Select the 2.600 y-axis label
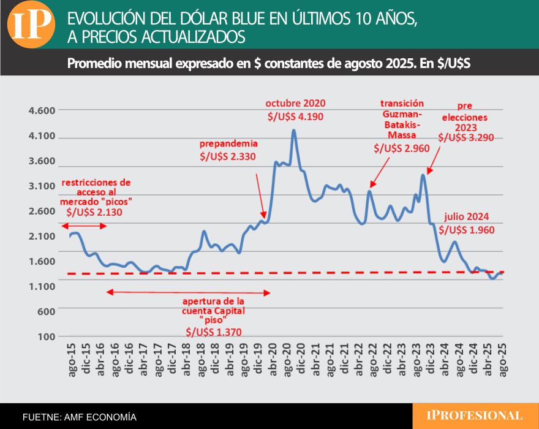pyautogui.click(x=42, y=211)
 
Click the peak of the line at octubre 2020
pyautogui.click(x=294, y=131)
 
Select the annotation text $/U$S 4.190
pyautogui.click(x=295, y=116)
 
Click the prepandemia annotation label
pyautogui.click(x=228, y=143)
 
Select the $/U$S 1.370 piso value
pyautogui.click(x=214, y=332)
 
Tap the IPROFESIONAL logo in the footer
pyautogui.click(x=475, y=416)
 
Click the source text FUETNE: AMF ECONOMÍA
pyautogui.click(x=80, y=417)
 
